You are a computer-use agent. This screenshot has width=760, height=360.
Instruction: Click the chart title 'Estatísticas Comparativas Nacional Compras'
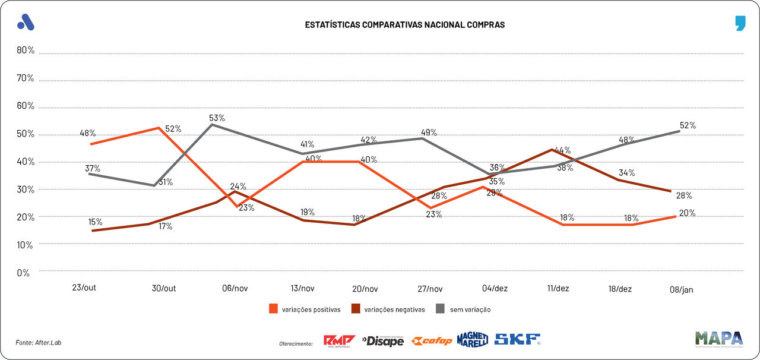click(x=404, y=25)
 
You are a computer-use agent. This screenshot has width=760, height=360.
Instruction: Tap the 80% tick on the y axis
click(x=26, y=50)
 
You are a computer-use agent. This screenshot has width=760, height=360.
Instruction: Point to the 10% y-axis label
click(x=26, y=245)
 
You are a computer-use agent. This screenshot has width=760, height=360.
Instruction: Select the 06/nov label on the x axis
click(x=235, y=289)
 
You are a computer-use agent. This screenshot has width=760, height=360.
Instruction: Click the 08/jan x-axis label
click(x=680, y=289)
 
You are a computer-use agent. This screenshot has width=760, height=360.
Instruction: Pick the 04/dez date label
click(x=495, y=289)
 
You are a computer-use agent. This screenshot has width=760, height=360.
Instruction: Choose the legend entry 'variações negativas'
click(x=388, y=310)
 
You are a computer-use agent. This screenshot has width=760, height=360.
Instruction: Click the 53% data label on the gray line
click(x=217, y=118)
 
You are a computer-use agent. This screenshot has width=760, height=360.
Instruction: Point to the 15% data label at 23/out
click(x=96, y=222)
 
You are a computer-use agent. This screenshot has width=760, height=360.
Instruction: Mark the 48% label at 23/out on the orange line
click(x=88, y=133)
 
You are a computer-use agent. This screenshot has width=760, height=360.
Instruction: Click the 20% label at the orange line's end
click(x=688, y=213)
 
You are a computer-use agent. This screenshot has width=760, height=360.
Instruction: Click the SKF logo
click(x=517, y=340)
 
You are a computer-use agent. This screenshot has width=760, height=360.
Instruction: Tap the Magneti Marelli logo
click(x=473, y=339)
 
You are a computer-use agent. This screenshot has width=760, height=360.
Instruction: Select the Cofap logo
click(x=432, y=340)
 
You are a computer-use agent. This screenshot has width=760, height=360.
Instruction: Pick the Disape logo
click(x=382, y=340)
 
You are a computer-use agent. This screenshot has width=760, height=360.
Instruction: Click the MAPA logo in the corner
click(x=719, y=339)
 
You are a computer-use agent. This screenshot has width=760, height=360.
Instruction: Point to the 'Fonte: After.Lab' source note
click(x=39, y=342)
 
